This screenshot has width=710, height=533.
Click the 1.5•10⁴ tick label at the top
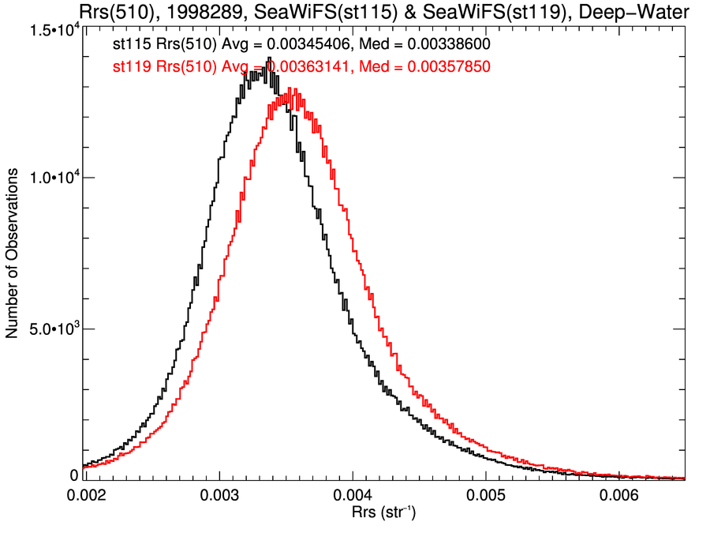click(54, 30)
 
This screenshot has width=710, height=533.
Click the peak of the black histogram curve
click(269, 58)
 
